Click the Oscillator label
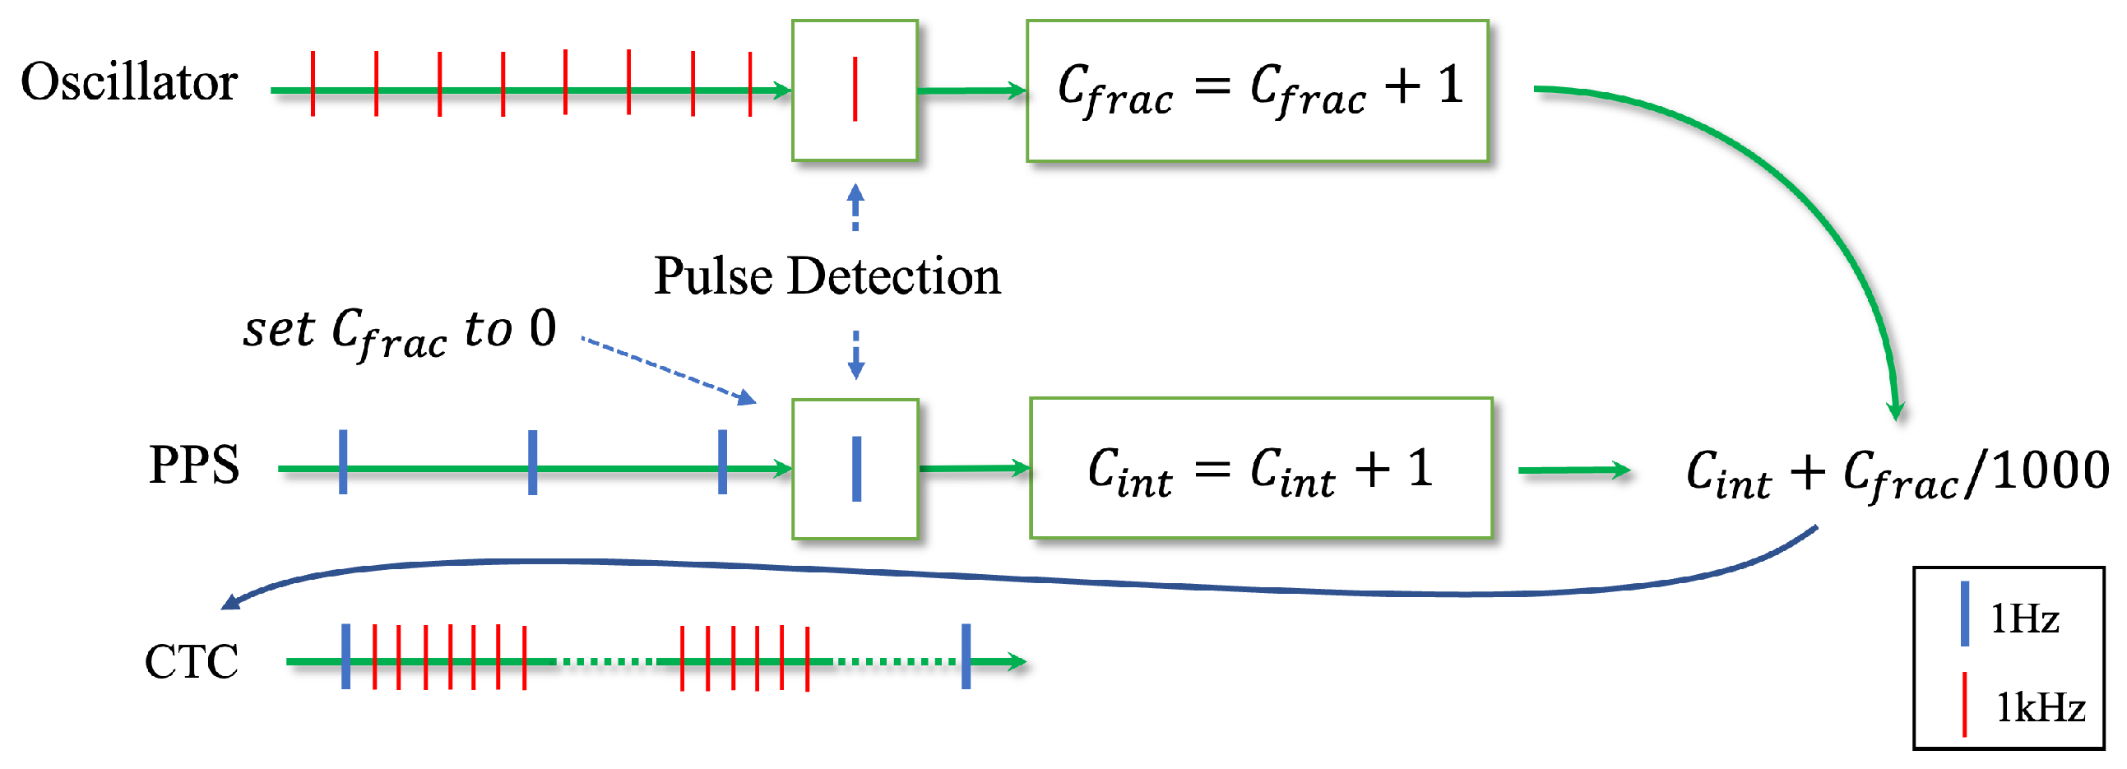[x=129, y=82]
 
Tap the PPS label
[x=194, y=465]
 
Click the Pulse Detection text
[x=827, y=276]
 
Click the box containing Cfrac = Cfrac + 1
[x=1257, y=90]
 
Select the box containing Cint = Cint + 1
[x=1260, y=468]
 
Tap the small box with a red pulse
[x=855, y=90]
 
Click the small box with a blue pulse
[x=855, y=469]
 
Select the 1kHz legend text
[x=2040, y=708]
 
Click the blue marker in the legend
[x=1965, y=614]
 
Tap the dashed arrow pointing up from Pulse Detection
[x=855, y=206]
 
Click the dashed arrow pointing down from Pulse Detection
[x=856, y=355]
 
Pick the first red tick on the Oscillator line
[x=313, y=82]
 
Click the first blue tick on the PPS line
[x=343, y=462]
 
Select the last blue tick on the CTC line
[x=966, y=657]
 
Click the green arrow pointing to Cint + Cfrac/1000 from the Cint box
[x=1573, y=470]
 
